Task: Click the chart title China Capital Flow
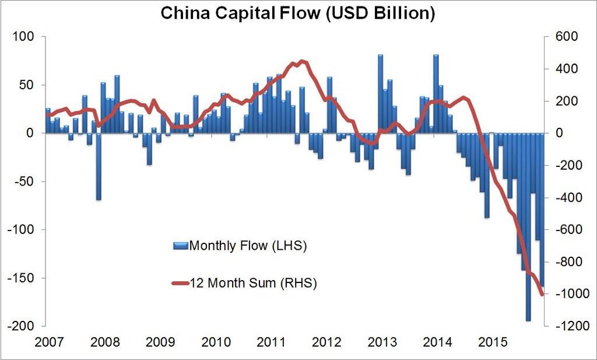[297, 13]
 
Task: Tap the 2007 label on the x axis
[49, 340]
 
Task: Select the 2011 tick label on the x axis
[271, 340]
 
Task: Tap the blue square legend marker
[180, 246]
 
